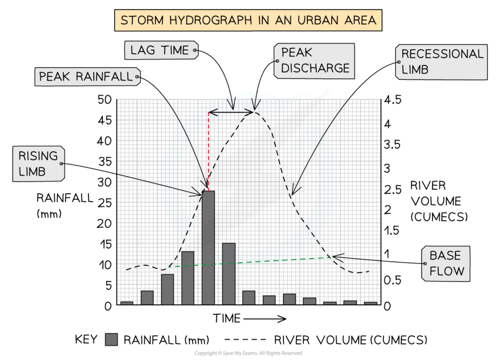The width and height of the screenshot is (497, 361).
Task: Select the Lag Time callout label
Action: (161, 50)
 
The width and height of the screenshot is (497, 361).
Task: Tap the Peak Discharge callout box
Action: (314, 61)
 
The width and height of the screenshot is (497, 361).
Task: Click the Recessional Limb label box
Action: (441, 62)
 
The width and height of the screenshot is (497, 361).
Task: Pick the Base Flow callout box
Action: (446, 264)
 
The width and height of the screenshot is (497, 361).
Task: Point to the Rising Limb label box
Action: (38, 164)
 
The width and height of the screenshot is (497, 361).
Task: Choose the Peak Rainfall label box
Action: (87, 77)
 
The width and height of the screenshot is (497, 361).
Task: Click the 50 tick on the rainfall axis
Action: (104, 100)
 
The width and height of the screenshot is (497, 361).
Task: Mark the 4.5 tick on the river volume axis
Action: (393, 100)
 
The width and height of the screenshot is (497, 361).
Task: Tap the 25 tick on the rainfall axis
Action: (104, 203)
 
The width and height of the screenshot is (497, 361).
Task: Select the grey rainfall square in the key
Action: (111, 340)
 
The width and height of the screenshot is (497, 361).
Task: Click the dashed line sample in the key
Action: (245, 340)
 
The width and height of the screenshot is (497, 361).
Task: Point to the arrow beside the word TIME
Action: (265, 319)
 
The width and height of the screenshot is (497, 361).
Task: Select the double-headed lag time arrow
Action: (231, 112)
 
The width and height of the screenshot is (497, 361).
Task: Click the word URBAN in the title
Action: (318, 20)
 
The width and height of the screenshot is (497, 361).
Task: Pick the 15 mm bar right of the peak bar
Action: (229, 274)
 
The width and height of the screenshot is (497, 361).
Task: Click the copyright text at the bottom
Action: (248, 353)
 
